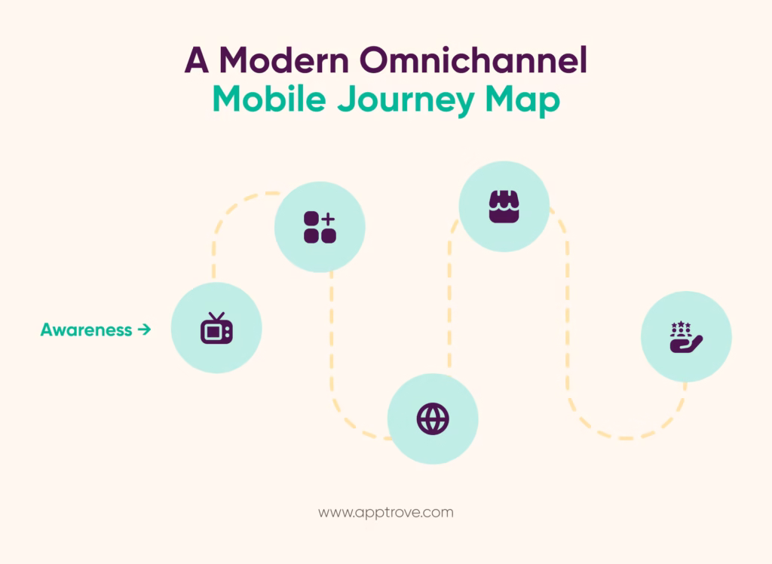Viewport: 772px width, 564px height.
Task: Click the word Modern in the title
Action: tap(284, 60)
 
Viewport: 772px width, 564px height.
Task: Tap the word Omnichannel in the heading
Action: tap(473, 60)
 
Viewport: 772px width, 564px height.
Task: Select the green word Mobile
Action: tap(269, 99)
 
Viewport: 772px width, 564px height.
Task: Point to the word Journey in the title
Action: tap(406, 101)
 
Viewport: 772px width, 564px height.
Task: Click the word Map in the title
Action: tap(523, 101)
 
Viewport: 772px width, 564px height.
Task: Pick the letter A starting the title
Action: tap(197, 60)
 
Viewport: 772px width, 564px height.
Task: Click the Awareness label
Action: tap(86, 330)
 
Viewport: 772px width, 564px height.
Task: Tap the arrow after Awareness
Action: tap(144, 330)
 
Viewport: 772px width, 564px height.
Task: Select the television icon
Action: tap(216, 328)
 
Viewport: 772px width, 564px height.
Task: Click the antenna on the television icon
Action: tap(216, 316)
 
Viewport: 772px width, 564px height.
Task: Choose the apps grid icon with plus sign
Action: tap(320, 227)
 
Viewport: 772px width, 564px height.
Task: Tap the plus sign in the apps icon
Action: tap(329, 219)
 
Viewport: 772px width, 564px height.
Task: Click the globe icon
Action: tap(433, 419)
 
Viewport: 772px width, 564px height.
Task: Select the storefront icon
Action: tap(504, 207)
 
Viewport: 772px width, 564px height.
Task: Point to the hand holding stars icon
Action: tap(686, 337)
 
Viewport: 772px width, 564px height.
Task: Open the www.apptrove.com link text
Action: tap(386, 513)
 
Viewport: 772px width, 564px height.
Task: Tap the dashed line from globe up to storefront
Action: tap(449, 296)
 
